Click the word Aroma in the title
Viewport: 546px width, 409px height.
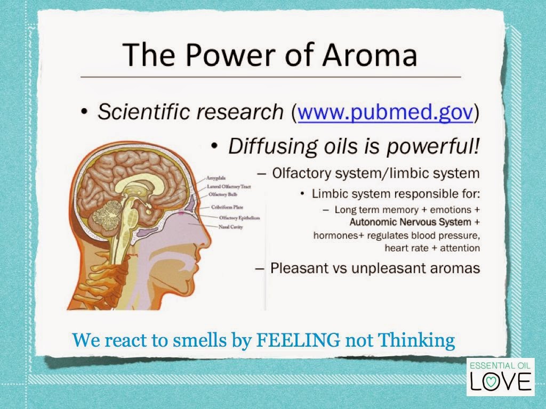(370, 55)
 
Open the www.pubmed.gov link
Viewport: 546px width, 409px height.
(386, 112)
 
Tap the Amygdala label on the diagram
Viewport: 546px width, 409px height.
(216, 178)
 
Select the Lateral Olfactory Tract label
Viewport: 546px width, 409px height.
(229, 186)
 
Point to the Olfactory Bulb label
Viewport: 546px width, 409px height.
(223, 194)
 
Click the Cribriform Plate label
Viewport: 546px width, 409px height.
(227, 207)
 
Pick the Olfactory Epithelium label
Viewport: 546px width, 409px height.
(239, 218)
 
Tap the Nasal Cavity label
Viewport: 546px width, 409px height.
(230, 227)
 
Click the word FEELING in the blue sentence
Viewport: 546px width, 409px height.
(298, 340)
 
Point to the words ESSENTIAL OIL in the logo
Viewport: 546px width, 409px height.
(500, 365)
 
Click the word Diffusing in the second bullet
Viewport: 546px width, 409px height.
(272, 146)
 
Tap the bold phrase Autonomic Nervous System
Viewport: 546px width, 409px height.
(410, 222)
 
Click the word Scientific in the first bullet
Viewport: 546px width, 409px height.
(144, 112)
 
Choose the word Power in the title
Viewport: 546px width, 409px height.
(230, 55)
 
